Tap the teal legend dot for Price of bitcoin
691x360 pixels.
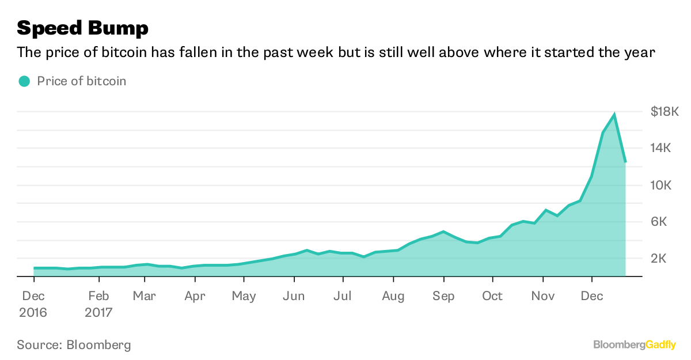click(x=24, y=81)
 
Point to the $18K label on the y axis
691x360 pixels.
click(x=665, y=112)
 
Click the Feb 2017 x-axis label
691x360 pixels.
click(x=99, y=304)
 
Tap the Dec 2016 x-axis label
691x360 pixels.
click(x=34, y=304)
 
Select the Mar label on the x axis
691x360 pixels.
click(x=144, y=296)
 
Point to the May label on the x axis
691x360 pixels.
click(x=244, y=296)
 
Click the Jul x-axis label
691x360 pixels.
click(x=343, y=296)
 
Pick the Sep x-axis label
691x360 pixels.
click(x=443, y=296)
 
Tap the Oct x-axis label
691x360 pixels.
click(x=492, y=296)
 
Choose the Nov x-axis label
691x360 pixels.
click(x=543, y=296)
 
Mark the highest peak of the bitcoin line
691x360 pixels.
click(x=614, y=115)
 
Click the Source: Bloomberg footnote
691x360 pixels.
click(x=74, y=345)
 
